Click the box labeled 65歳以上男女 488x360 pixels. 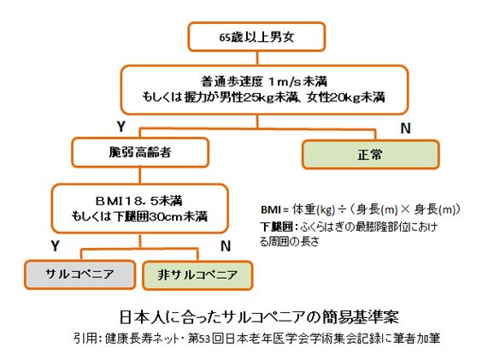[x=256, y=37]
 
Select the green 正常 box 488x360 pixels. [x=370, y=155]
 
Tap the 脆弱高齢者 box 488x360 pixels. [x=140, y=152]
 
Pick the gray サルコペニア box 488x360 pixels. [x=80, y=274]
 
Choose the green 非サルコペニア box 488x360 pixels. [x=197, y=275]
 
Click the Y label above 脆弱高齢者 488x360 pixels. [x=121, y=127]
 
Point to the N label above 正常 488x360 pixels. [x=405, y=128]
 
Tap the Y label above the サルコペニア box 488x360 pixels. [x=55, y=246]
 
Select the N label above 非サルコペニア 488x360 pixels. [x=226, y=246]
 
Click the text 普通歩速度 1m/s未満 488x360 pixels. [x=264, y=81]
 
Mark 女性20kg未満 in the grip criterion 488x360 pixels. [x=345, y=97]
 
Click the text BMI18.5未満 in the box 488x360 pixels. [x=138, y=201]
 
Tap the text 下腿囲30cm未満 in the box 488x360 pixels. [x=160, y=216]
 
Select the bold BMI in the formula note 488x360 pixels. [x=271, y=210]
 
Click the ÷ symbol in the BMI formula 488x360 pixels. [x=342, y=210]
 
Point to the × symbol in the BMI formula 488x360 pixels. [x=405, y=210]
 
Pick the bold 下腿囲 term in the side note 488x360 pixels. [x=276, y=227]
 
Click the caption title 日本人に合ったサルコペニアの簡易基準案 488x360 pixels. [x=259, y=317]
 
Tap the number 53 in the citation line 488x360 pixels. [x=205, y=339]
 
